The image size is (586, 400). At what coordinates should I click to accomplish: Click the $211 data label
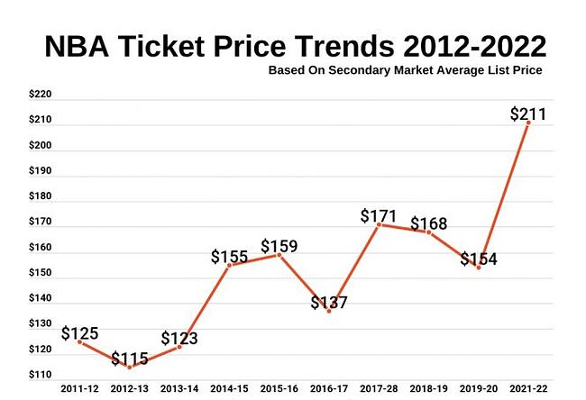pos(527,114)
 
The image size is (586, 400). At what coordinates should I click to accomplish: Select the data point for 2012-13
pos(130,368)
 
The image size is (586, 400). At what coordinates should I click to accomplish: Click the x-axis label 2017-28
pos(379,388)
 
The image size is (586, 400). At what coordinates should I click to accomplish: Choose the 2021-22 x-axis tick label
pos(528,388)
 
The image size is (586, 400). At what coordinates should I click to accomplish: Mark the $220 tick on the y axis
pos(41,94)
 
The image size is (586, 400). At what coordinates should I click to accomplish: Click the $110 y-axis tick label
pos(41,375)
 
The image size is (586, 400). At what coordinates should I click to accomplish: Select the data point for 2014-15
pos(230,265)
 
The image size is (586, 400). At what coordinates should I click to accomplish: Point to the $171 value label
pos(379,216)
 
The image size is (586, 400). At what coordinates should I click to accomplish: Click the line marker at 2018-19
pos(429,232)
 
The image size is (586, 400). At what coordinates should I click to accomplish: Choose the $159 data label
pos(279,245)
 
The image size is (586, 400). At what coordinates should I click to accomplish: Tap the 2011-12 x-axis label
pos(80,388)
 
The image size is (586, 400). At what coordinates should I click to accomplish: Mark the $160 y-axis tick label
pos(41,247)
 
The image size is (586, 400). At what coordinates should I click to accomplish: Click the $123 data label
pos(179,339)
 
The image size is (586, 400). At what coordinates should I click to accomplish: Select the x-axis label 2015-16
pos(279,388)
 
